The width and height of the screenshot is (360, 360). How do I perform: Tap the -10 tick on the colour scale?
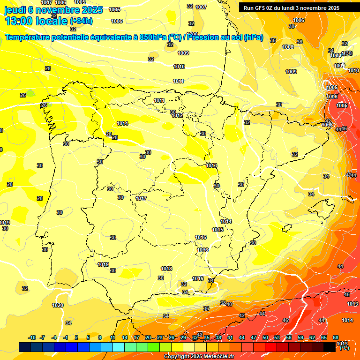32,338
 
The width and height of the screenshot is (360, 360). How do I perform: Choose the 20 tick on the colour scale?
148,338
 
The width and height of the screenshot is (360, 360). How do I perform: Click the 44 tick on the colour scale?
242,338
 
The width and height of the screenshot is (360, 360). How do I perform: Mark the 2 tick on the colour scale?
77,338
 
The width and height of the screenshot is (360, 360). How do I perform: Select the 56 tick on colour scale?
289,338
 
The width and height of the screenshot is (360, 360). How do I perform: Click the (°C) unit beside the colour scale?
344,348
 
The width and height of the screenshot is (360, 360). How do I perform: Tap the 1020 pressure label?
58,305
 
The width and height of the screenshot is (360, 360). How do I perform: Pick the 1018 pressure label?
166,269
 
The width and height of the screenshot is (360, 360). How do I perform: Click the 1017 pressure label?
141,198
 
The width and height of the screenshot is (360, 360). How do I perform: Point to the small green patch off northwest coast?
30,93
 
